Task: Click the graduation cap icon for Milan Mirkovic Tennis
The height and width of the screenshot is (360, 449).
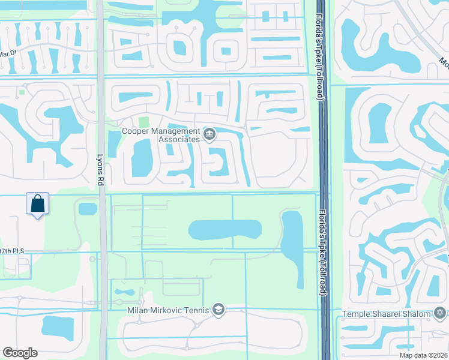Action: point(218,310)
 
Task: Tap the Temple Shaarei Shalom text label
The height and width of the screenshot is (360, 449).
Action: point(387,314)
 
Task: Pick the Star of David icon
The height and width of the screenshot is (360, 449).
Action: point(440,313)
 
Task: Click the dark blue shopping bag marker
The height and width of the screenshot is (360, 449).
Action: point(37,204)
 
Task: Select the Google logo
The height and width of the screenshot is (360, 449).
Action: point(20,353)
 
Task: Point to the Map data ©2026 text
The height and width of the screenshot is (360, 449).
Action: point(423,355)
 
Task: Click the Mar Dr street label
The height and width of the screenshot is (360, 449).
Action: point(7,53)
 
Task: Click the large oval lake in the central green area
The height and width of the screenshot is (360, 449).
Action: point(225,229)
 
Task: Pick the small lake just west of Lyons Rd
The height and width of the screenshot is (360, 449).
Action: point(88,209)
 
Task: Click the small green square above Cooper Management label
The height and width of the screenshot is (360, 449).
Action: point(143,122)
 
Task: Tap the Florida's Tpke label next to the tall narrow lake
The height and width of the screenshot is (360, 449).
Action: point(322,252)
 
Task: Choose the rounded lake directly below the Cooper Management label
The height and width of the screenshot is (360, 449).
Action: point(142,158)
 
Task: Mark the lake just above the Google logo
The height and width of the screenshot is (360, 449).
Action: point(59,327)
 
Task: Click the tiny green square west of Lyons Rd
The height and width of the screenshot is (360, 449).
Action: point(22,92)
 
